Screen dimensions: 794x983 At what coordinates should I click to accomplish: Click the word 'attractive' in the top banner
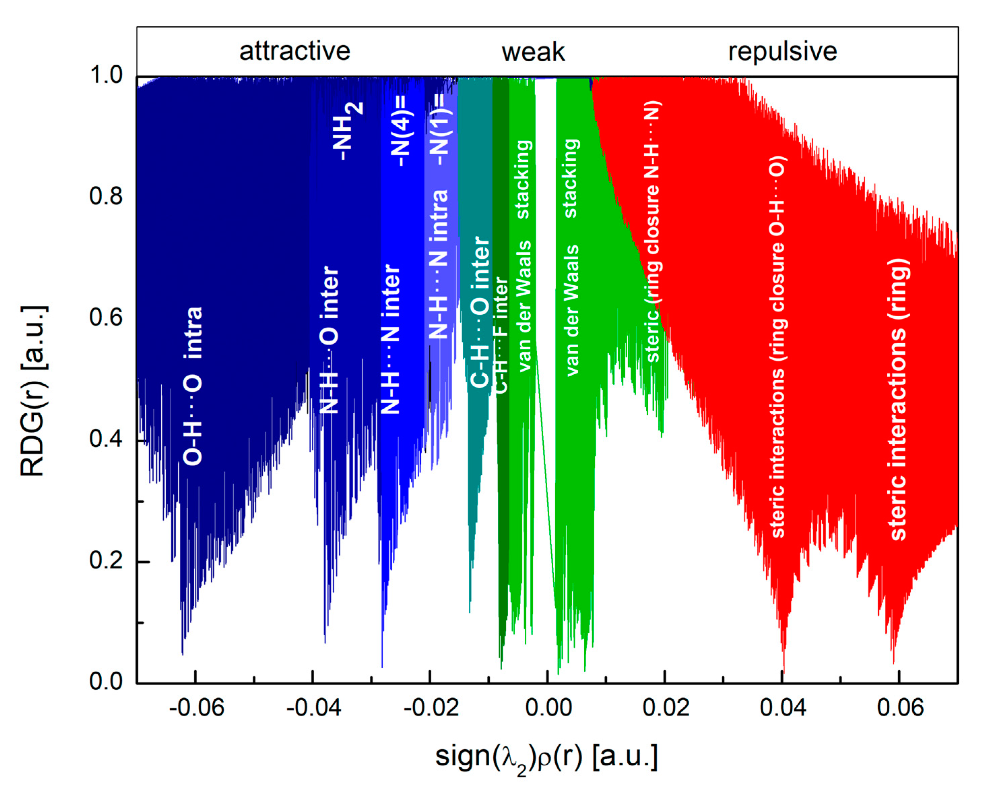click(x=295, y=51)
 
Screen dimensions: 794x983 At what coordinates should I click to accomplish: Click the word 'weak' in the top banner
click(x=533, y=52)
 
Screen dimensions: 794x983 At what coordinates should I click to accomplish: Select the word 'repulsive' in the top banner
click(x=782, y=51)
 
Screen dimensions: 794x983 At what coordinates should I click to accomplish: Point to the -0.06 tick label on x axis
click(x=197, y=708)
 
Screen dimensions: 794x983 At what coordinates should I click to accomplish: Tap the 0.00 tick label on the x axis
click(x=548, y=708)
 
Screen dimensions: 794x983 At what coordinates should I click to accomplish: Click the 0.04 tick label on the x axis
click(x=783, y=708)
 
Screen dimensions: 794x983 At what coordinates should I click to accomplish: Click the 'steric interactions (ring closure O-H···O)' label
click(x=778, y=348)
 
